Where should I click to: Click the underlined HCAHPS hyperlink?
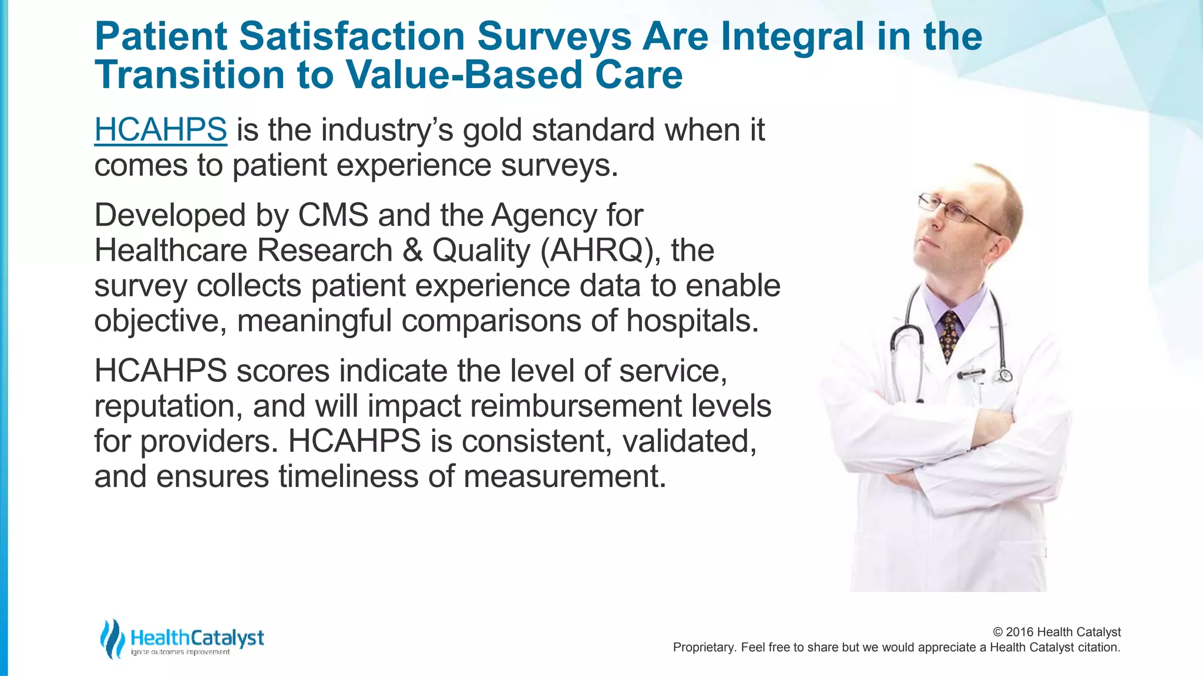coord(160,130)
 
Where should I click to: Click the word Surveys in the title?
coord(554,36)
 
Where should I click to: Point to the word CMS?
coord(333,215)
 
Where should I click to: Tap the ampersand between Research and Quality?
coord(412,251)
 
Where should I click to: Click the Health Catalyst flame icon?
coord(112,638)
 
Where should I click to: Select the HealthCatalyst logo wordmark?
coord(197,638)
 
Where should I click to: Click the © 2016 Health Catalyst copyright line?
coord(1056,632)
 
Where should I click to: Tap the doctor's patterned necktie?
coord(948,334)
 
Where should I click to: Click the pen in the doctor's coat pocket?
coord(971,373)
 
